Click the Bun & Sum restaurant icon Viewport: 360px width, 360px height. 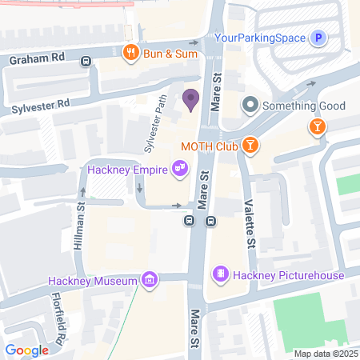pos(127,53)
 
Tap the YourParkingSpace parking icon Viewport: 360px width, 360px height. pos(319,38)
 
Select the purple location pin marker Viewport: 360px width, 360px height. pos(190,100)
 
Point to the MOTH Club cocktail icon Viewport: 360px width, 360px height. pos(251,144)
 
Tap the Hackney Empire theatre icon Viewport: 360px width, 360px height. pos(181,168)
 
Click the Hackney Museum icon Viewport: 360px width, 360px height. pos(149,279)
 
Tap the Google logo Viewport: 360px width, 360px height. pos(26,350)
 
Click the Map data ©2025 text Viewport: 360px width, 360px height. pos(325,354)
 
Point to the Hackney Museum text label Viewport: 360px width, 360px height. pos(92,280)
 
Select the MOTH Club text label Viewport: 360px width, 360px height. pos(210,145)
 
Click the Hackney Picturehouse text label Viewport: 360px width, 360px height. pos(288,276)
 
